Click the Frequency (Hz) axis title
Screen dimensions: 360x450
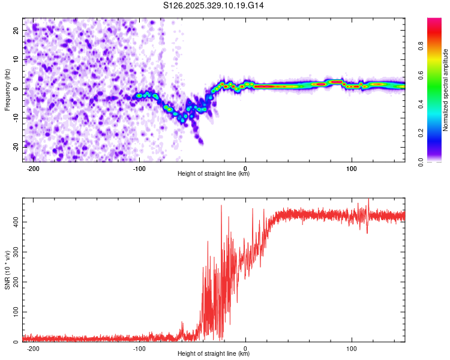(7, 89)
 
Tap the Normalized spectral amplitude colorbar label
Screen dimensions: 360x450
(446, 90)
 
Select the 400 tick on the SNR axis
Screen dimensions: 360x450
(14, 222)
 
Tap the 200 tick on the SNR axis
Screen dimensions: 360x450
(14, 282)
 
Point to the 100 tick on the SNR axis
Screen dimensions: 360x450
(14, 312)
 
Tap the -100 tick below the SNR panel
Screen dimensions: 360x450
(139, 348)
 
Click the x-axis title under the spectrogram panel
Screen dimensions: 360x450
(214, 174)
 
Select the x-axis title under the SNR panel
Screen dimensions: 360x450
(214, 354)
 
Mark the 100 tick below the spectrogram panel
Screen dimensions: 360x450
(352, 168)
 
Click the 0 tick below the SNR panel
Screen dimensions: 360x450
(246, 348)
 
